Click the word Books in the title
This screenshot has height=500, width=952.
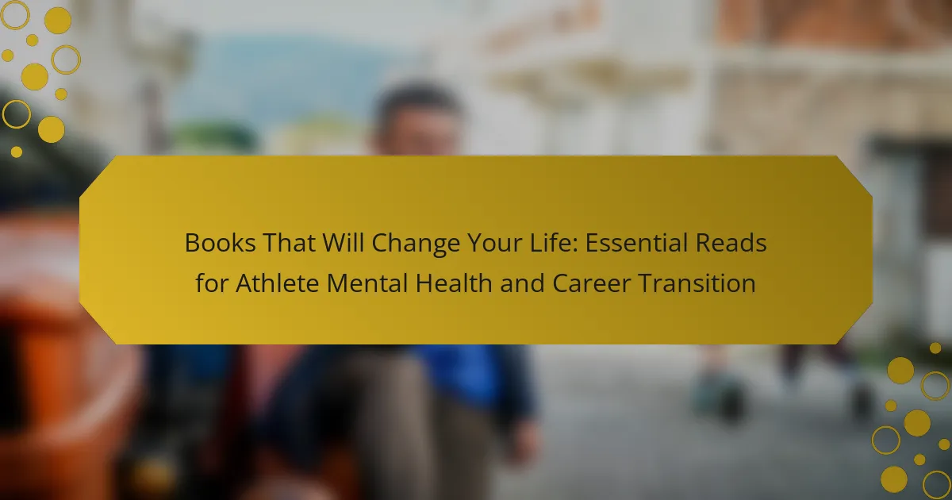[221, 243]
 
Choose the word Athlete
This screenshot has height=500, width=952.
[277, 283]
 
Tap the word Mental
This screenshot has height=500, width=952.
[367, 283]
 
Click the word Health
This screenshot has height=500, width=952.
[454, 283]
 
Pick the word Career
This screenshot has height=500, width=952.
[591, 283]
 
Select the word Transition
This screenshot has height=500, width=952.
[697, 283]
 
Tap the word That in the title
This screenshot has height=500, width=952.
[289, 243]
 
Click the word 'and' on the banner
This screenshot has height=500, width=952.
[522, 283]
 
